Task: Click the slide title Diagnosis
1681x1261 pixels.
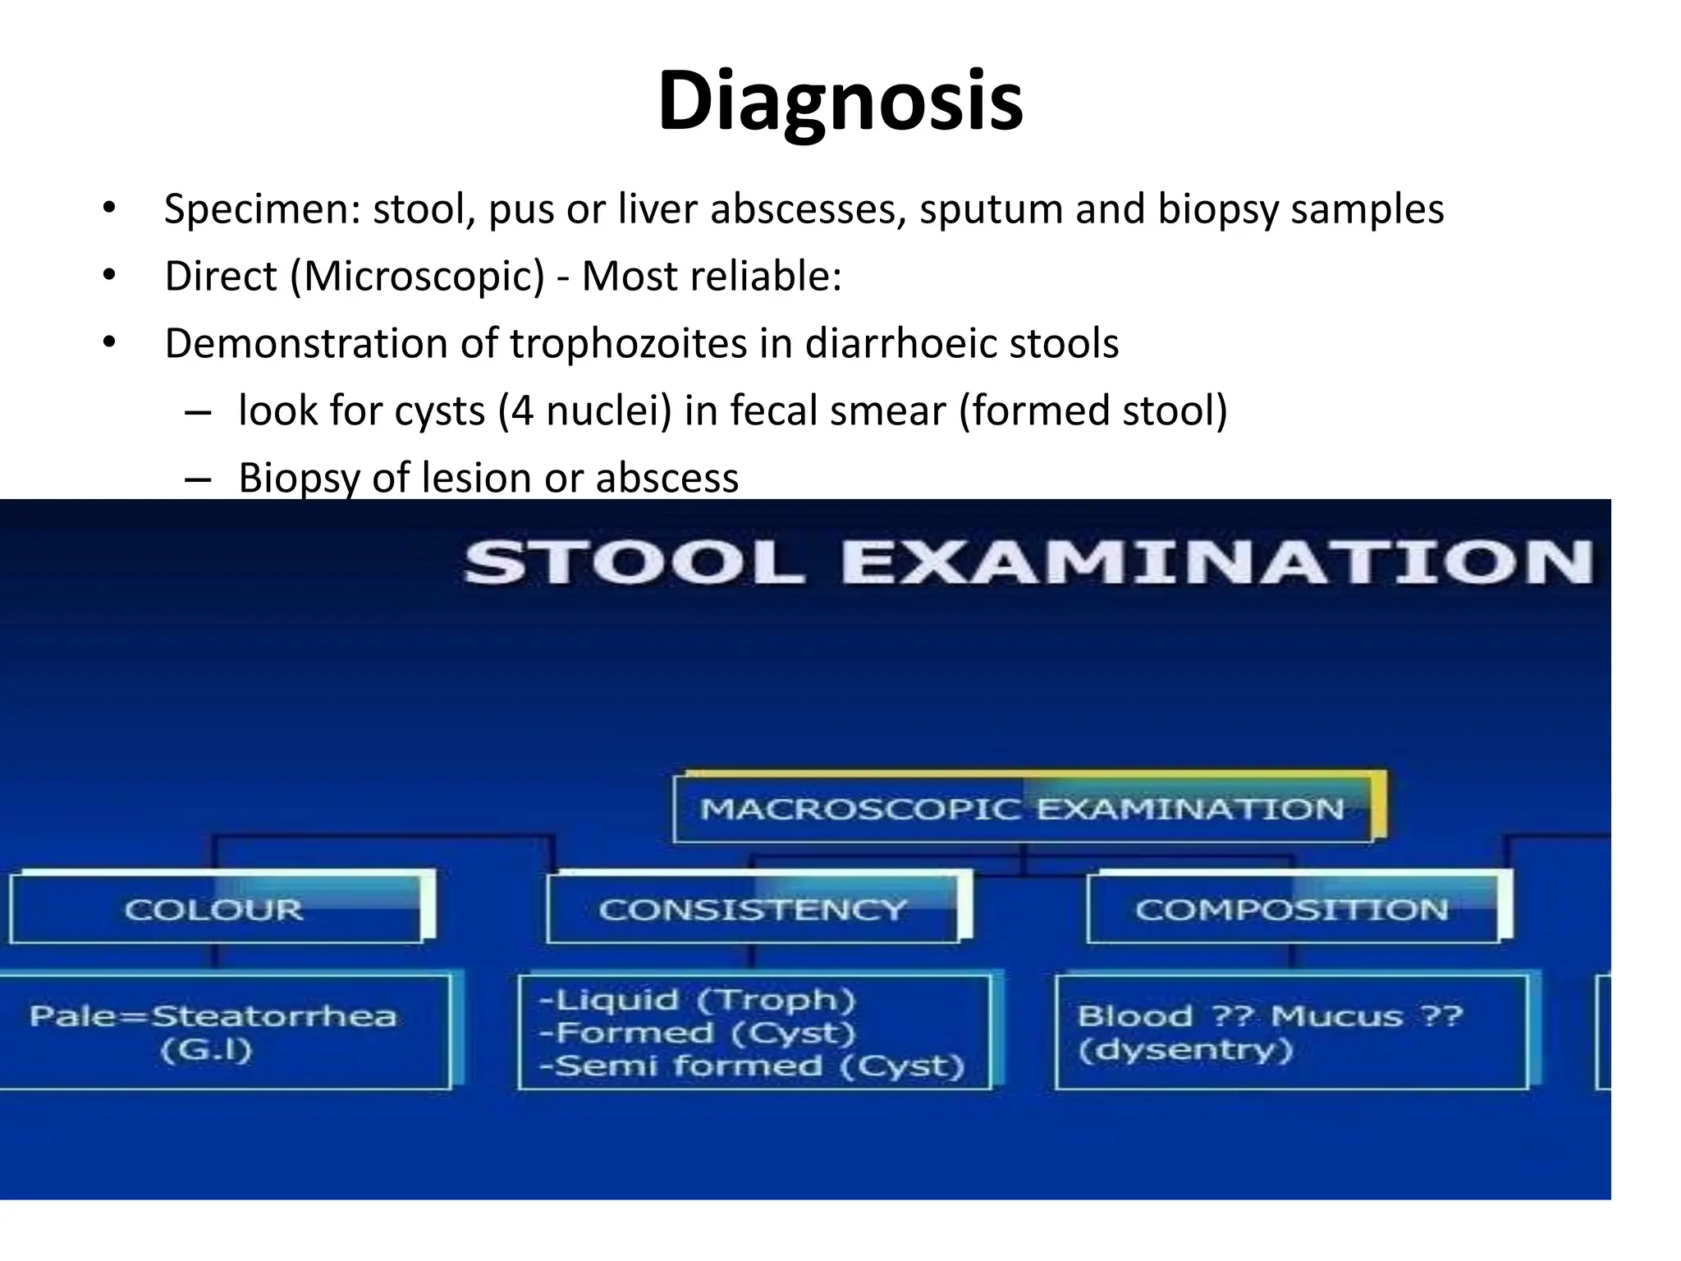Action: [x=840, y=101]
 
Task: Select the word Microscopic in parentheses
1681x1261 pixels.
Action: [x=417, y=277]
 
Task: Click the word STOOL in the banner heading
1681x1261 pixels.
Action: [x=633, y=564]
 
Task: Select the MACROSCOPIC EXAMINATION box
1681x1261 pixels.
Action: [x=1023, y=809]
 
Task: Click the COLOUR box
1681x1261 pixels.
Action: [x=214, y=910]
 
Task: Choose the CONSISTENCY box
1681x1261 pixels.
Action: [x=752, y=910]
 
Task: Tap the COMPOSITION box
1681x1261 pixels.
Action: [x=1292, y=910]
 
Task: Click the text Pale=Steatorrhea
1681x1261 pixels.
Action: [x=213, y=1016]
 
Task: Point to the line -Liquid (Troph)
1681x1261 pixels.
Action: [x=697, y=1000]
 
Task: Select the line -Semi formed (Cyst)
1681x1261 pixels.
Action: [x=751, y=1066]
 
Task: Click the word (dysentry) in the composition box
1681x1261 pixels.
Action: [x=1185, y=1050]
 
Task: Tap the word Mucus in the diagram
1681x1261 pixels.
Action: [x=1337, y=1016]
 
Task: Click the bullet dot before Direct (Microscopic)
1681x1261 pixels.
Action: [x=109, y=276]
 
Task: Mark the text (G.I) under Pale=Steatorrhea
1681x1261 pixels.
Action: [x=206, y=1050]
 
